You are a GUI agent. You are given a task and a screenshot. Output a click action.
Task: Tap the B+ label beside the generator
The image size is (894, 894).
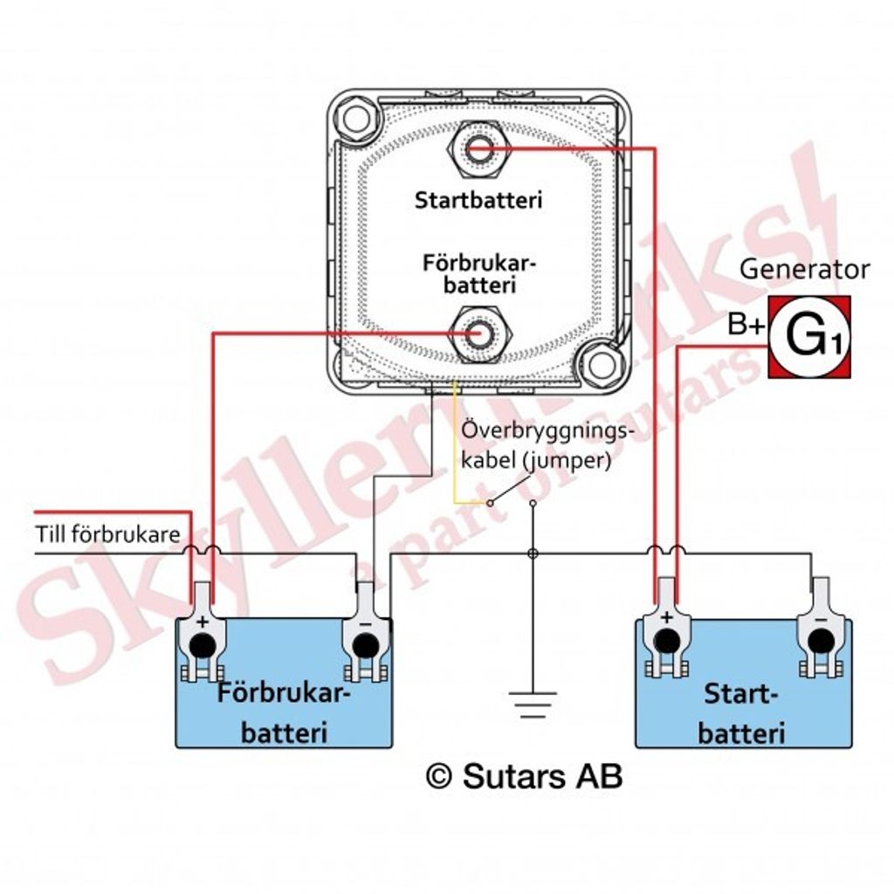[746, 327]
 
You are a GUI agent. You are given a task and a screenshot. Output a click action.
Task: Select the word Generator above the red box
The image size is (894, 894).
[804, 270]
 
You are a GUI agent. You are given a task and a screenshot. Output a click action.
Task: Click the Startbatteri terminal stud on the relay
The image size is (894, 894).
[478, 150]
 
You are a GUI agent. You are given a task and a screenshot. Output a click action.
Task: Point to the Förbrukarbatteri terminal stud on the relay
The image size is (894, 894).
[478, 333]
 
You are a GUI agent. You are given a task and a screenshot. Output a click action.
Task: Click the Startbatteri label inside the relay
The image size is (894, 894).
[478, 200]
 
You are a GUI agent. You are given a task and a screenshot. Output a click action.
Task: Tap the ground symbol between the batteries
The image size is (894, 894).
[533, 702]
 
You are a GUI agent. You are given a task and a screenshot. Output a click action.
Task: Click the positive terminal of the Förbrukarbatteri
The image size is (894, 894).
[202, 646]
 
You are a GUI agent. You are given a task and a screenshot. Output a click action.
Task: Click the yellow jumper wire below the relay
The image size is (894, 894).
[454, 454]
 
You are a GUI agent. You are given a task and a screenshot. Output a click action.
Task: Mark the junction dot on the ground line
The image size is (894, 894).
[533, 554]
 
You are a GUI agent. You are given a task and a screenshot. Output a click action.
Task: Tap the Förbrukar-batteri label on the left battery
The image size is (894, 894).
[283, 713]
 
